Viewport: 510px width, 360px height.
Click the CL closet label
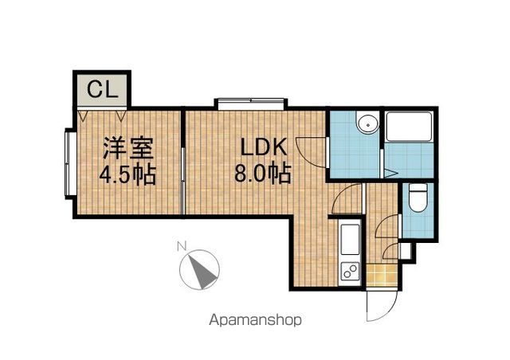click(x=102, y=89)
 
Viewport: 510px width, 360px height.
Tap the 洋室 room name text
click(x=128, y=149)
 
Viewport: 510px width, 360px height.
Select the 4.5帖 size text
click(x=127, y=175)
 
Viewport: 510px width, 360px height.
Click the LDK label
click(x=264, y=147)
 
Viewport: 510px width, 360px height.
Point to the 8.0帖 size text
click(x=263, y=174)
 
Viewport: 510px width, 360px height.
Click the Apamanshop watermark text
click(x=255, y=320)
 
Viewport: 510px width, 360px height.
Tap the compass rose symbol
click(x=199, y=269)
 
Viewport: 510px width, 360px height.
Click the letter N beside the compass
click(x=182, y=246)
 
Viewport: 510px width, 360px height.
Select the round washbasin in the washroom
click(x=368, y=123)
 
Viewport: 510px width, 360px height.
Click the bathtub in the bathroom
click(x=409, y=127)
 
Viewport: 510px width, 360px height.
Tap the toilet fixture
click(x=418, y=198)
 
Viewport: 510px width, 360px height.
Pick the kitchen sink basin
click(x=350, y=240)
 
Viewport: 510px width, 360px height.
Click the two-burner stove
click(x=350, y=272)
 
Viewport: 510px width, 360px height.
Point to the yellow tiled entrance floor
click(x=382, y=275)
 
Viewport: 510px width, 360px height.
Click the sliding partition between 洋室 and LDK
click(x=183, y=162)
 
